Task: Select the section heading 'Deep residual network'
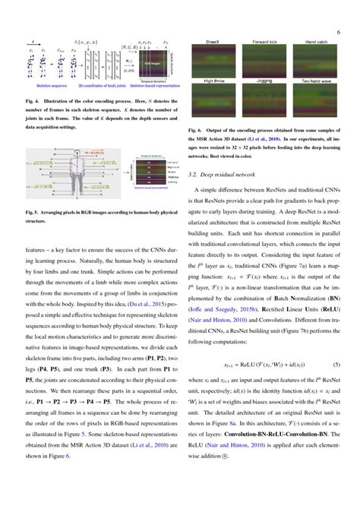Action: click(x=232, y=174)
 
